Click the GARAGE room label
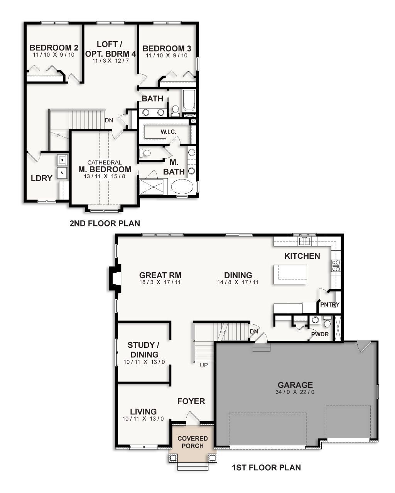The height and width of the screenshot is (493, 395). (295, 385)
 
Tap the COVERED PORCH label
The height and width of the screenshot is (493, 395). (192, 442)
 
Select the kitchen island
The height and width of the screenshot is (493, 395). (290, 274)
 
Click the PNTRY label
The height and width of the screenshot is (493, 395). (330, 304)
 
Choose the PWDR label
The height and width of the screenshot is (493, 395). (320, 334)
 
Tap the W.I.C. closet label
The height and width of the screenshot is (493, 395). (168, 132)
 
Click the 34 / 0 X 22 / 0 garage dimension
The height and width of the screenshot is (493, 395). (295, 392)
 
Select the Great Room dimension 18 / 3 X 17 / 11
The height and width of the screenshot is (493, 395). (160, 282)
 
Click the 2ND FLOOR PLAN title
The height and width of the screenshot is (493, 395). (105, 223)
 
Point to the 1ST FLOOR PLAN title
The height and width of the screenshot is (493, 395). (266, 468)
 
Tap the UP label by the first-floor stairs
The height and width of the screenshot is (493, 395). (203, 365)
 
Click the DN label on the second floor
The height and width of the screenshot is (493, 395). (109, 120)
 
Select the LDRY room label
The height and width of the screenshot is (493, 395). (41, 178)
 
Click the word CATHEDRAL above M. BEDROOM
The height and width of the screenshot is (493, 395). (105, 163)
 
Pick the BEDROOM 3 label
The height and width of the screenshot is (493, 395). (167, 49)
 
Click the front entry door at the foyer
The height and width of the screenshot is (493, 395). (192, 418)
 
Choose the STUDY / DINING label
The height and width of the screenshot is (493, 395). (143, 350)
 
